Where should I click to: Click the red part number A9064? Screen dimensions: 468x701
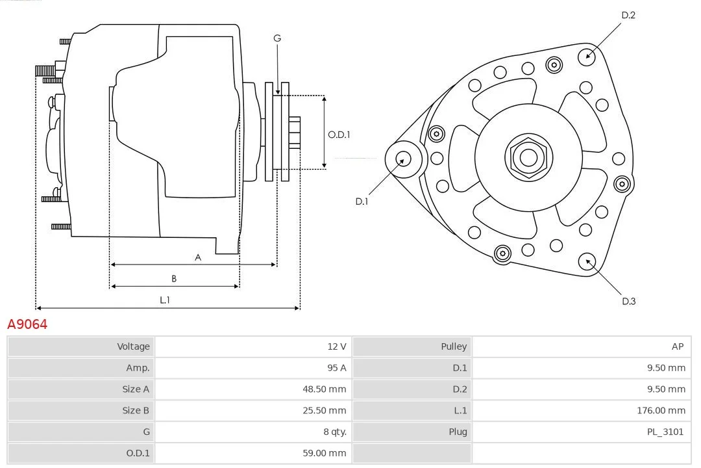(x=27, y=324)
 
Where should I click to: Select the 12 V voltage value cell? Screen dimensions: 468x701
(x=336, y=346)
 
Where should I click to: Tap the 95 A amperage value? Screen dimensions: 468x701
(x=336, y=368)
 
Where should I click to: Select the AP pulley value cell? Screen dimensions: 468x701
(x=678, y=346)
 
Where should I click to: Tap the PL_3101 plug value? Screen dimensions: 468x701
(x=665, y=432)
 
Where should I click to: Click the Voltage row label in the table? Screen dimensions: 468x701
(x=133, y=346)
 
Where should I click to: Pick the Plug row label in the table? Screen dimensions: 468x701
(x=458, y=432)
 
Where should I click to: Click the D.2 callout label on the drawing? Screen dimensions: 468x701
(x=628, y=15)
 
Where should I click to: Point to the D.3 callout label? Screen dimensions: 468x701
(x=628, y=301)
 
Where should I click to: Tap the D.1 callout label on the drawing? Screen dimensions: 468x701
(x=362, y=201)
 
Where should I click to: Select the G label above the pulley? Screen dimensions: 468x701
(x=277, y=38)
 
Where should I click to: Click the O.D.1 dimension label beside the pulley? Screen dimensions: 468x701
(x=339, y=135)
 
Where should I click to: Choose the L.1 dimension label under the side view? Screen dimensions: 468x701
(x=165, y=300)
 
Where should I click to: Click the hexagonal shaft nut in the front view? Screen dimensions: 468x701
(x=528, y=157)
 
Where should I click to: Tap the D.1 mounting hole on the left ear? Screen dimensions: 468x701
(x=403, y=158)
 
